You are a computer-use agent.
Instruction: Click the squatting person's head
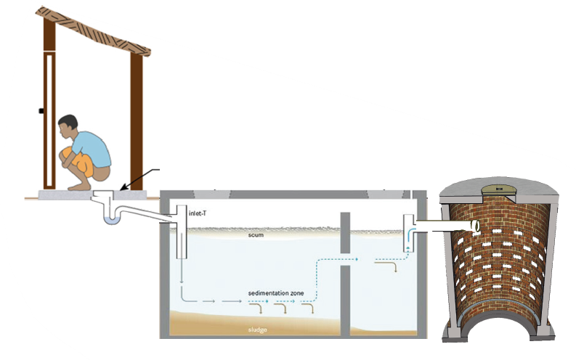[x=68, y=125]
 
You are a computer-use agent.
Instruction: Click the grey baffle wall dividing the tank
[x=345, y=276]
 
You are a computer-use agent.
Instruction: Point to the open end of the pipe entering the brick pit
[x=476, y=227]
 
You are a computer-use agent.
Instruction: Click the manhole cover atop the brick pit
[x=499, y=190]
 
